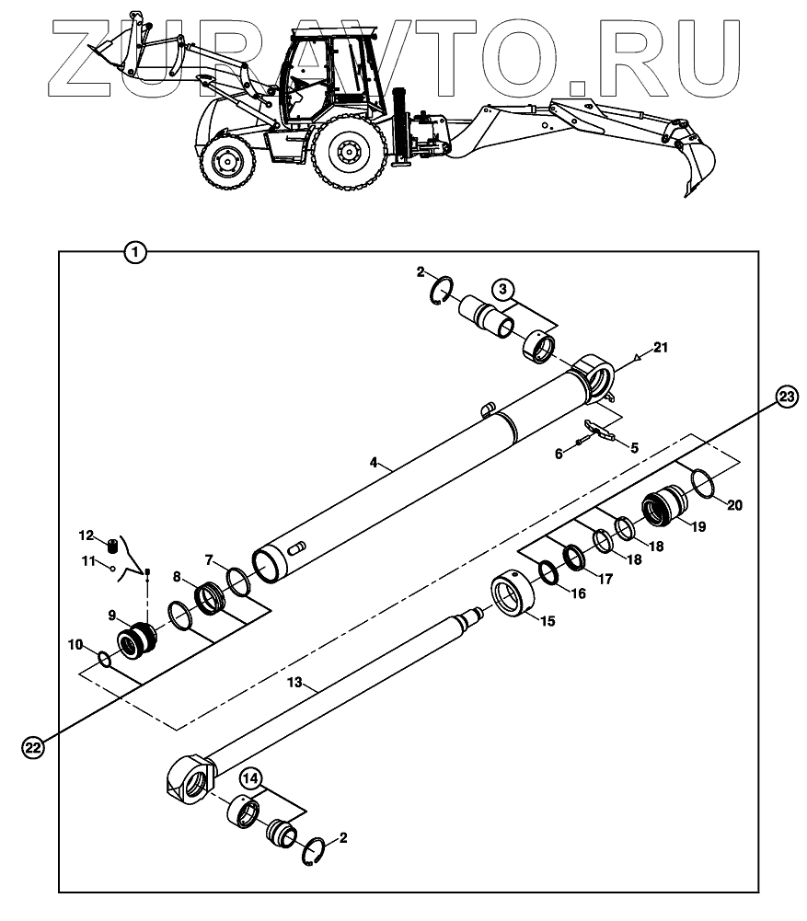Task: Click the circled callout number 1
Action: point(135,251)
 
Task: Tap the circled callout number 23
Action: point(786,397)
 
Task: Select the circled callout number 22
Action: point(33,748)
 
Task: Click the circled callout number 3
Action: point(501,290)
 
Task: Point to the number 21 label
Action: point(661,347)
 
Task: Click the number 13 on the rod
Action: point(294,683)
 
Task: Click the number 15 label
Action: point(548,622)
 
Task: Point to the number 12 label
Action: point(85,535)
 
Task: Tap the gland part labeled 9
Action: point(137,637)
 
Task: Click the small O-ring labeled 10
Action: point(106,658)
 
